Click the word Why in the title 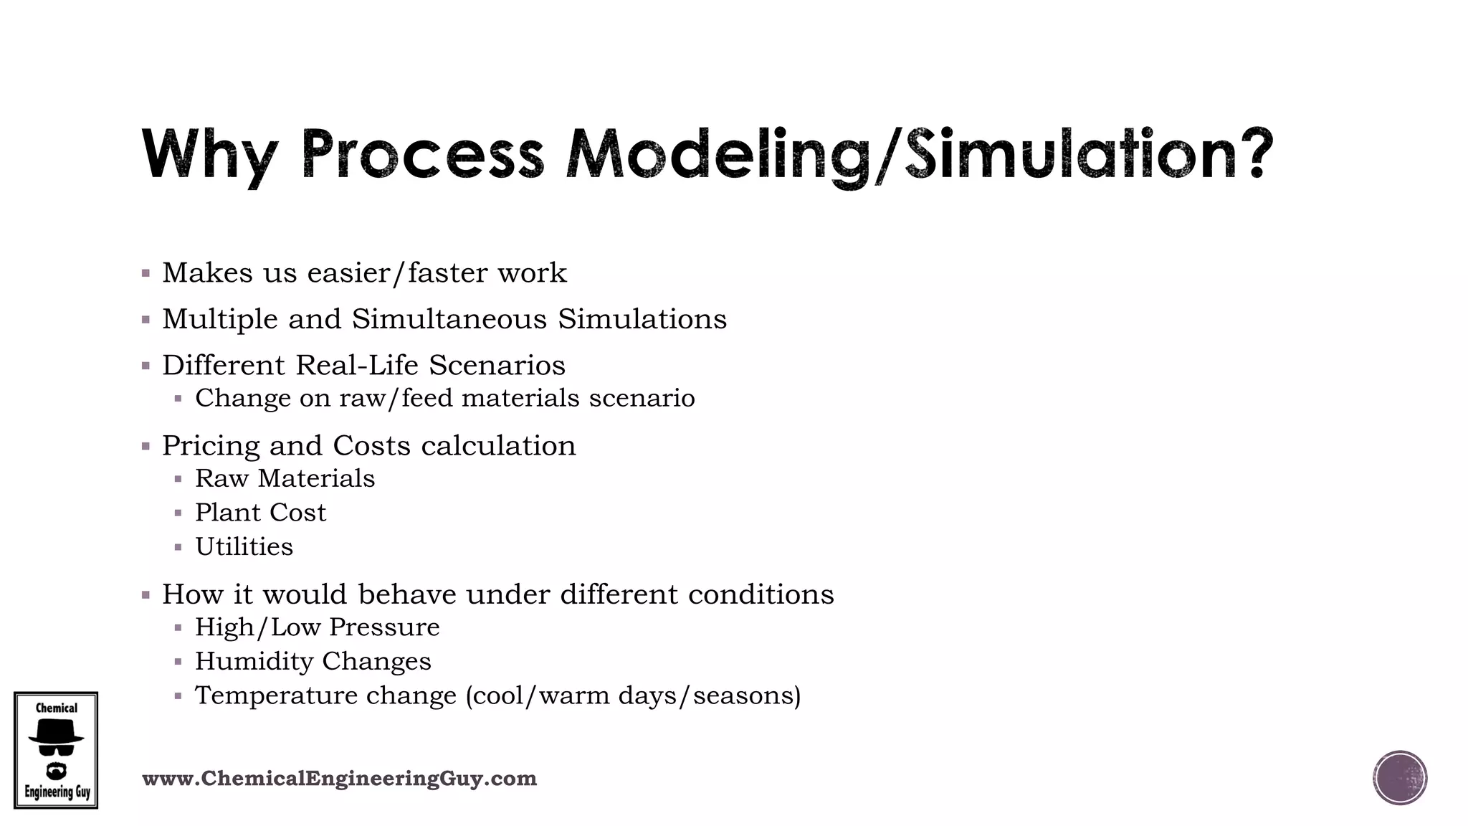click(208, 154)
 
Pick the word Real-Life click(356, 366)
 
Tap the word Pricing click(211, 446)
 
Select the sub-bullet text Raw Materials click(285, 478)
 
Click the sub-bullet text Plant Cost click(260, 513)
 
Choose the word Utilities click(244, 547)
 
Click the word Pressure click(384, 627)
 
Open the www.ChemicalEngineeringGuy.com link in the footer click(339, 779)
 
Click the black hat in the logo click(55, 732)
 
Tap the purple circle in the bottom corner click(1399, 778)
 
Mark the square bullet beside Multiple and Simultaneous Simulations click(146, 320)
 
